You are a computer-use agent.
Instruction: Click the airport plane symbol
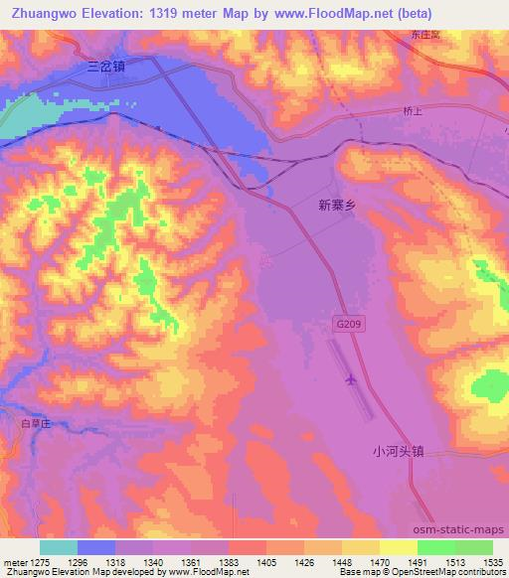[349, 379]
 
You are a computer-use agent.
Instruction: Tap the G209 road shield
[342, 325]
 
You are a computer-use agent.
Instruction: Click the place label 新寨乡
[336, 205]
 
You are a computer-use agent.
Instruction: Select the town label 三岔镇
[105, 68]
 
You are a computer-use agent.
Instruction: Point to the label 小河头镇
[399, 449]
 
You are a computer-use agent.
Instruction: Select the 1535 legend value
[494, 561]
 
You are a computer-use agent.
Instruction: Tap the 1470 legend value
[380, 561]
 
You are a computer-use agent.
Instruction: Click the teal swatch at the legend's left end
[58, 547]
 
